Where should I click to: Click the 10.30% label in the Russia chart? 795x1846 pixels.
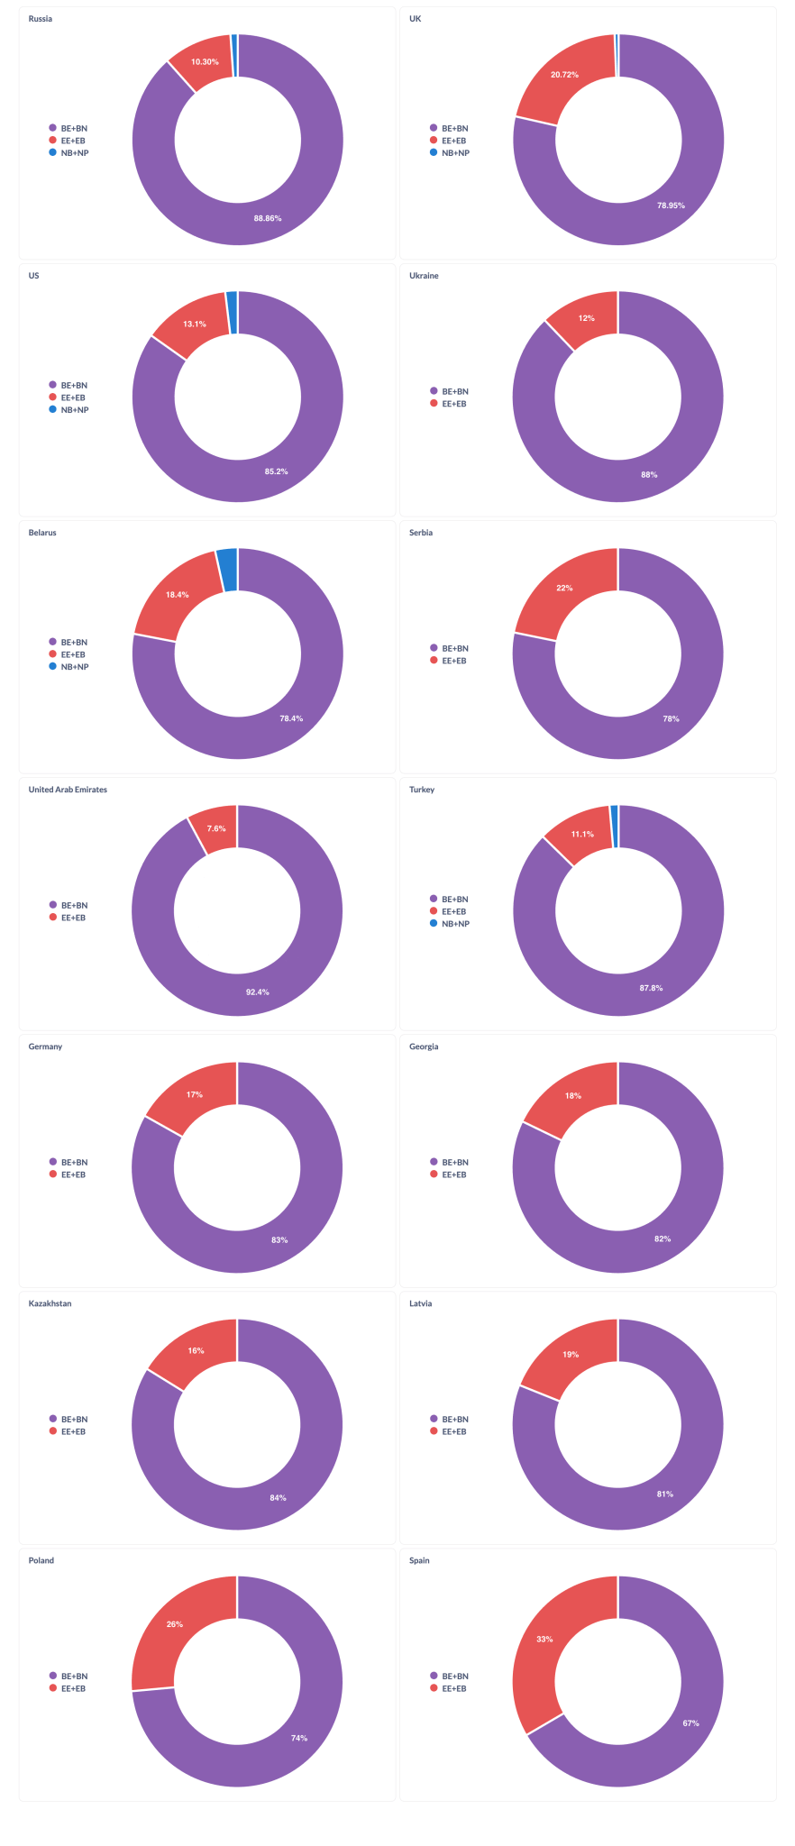pos(205,62)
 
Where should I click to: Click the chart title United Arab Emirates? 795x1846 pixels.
pos(68,790)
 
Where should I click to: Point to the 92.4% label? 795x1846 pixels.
pos(258,992)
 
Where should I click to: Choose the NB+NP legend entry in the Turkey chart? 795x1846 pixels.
pos(455,924)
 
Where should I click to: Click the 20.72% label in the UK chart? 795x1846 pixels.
pos(565,75)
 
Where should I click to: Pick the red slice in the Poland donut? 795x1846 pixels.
pos(171,1631)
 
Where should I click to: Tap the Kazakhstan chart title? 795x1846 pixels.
pos(50,1303)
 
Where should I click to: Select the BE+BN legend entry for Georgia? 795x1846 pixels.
pos(454,1163)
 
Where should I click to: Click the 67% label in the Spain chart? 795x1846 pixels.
pos(690,1723)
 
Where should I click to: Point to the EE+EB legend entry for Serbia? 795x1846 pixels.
pos(454,661)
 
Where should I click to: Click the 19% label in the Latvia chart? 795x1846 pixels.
pos(571,1355)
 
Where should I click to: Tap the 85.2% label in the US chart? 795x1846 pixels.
pos(276,471)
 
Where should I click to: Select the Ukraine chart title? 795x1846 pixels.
pos(424,276)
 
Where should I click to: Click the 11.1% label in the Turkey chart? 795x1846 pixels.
pos(582,835)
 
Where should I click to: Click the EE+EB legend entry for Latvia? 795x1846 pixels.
pos(454,1431)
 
